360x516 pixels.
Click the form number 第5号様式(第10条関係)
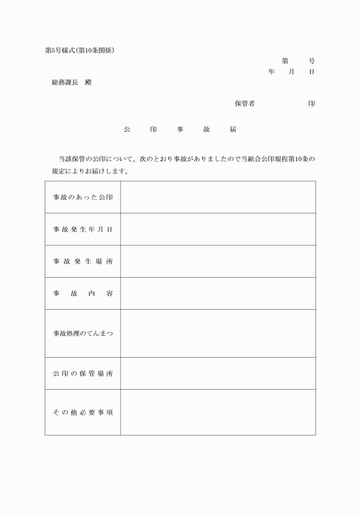point(80,50)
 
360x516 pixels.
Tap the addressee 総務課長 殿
point(71,82)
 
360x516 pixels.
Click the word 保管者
point(245,103)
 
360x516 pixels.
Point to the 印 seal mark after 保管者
point(311,103)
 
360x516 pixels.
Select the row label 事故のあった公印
point(83,197)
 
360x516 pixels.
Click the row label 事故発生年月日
point(83,229)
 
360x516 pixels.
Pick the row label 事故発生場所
point(83,261)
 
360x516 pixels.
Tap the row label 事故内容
point(83,293)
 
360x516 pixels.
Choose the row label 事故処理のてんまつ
point(83,333)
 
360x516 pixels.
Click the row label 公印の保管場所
point(83,373)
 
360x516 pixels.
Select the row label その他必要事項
point(83,412)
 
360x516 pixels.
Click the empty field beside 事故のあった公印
point(218,197)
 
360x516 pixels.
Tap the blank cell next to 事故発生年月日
point(218,229)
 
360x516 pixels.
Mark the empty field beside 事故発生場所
point(218,261)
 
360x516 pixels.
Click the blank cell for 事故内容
point(218,293)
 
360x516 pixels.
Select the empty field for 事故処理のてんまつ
point(218,333)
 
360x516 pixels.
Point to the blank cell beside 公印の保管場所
point(218,373)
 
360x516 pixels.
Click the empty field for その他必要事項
point(218,412)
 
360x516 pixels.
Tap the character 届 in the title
point(233,130)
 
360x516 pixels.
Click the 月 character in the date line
point(291,71)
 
